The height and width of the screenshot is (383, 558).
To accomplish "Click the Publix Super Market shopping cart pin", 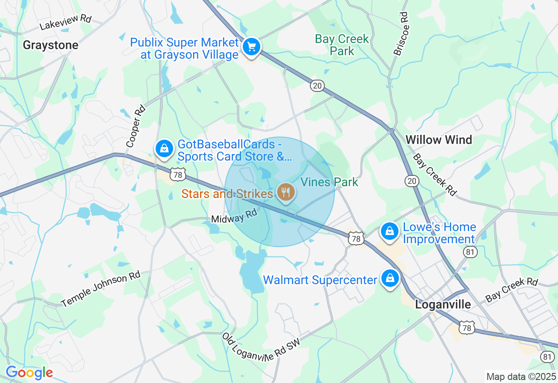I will click(x=252, y=47).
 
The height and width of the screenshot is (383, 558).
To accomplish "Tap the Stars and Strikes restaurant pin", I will click(x=286, y=192).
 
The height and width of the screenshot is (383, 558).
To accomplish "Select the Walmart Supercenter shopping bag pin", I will click(x=390, y=278).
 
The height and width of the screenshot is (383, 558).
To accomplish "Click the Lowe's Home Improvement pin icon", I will click(x=390, y=232).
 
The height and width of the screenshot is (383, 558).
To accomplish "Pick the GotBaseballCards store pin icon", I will click(x=164, y=148).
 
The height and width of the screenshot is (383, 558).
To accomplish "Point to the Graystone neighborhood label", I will click(x=51, y=45).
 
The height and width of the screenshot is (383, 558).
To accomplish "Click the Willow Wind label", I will click(x=439, y=140).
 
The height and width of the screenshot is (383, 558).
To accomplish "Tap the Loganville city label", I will click(x=443, y=304).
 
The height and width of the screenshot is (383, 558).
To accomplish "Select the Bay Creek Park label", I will click(x=342, y=45).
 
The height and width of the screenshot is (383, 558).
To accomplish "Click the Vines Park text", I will click(x=330, y=182).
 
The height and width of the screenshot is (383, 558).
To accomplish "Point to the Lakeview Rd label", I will click(x=65, y=23).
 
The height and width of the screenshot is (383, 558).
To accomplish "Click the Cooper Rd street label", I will click(x=135, y=126).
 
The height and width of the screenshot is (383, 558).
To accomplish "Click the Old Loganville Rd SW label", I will click(x=261, y=348).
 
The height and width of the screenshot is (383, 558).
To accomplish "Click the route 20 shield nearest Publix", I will click(x=317, y=86).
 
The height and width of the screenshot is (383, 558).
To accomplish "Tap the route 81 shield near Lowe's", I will click(x=470, y=252).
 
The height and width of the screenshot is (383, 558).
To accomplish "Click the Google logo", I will click(x=29, y=373).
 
